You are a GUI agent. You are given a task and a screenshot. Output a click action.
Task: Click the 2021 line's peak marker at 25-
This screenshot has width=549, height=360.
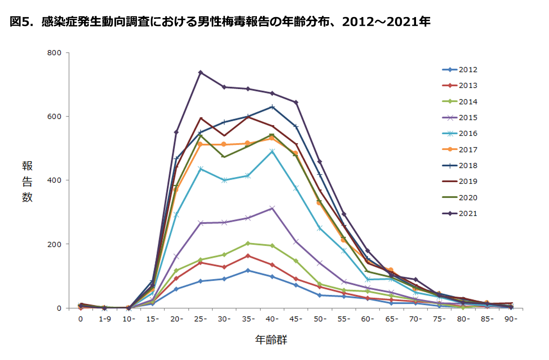tap(200, 72)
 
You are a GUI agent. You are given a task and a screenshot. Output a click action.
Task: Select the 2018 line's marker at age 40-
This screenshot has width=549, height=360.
tap(272, 107)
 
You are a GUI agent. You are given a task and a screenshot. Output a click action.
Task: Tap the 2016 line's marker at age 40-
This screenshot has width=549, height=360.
tap(272, 151)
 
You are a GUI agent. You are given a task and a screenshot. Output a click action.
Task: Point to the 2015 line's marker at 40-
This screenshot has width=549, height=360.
tap(272, 208)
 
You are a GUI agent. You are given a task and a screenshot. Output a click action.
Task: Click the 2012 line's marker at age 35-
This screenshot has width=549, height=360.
tap(248, 270)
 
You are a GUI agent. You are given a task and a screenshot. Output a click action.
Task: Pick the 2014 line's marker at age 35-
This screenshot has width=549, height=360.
tap(248, 243)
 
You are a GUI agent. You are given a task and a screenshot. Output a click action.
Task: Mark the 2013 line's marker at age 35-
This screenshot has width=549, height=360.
tap(248, 256)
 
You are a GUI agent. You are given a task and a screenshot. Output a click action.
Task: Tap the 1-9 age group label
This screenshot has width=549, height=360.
tap(104, 319)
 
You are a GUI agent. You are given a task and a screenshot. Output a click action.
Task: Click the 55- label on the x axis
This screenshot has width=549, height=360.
tap(343, 319)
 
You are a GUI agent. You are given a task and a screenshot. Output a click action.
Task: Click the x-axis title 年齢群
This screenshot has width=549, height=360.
tap(271, 340)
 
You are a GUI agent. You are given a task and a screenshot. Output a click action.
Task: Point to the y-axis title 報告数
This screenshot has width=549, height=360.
tap(27, 182)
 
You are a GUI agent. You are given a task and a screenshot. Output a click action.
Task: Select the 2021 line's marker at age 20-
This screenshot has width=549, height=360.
tap(176, 132)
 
